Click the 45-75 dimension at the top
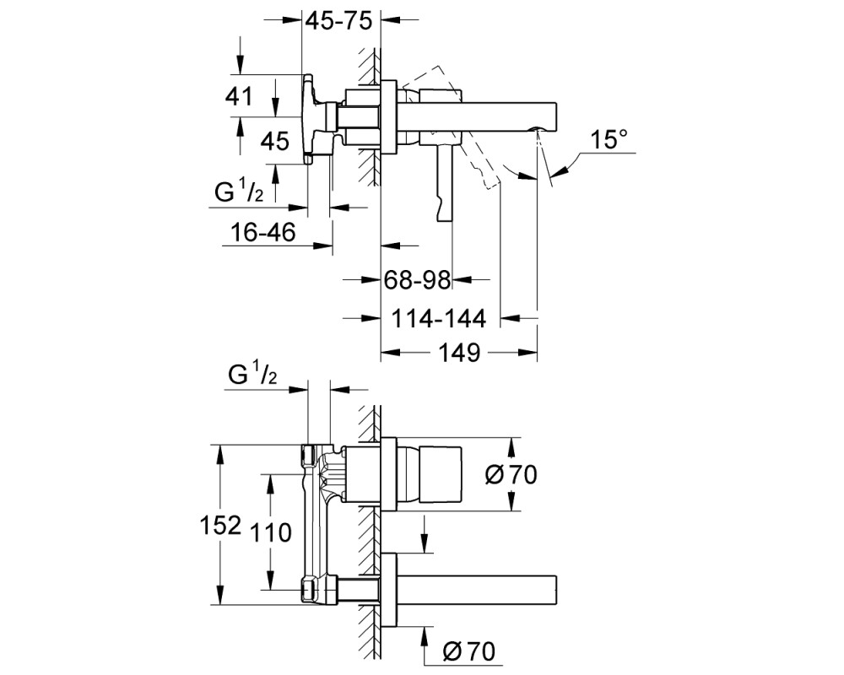338,21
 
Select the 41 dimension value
240,97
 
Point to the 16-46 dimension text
263,233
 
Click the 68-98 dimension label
417,280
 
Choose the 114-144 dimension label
438,319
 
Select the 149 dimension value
460,354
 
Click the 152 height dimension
219,525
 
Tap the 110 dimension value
270,532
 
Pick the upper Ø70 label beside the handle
511,475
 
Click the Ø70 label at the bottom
468,652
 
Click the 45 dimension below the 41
275,142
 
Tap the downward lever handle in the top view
445,183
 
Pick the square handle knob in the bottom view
441,474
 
